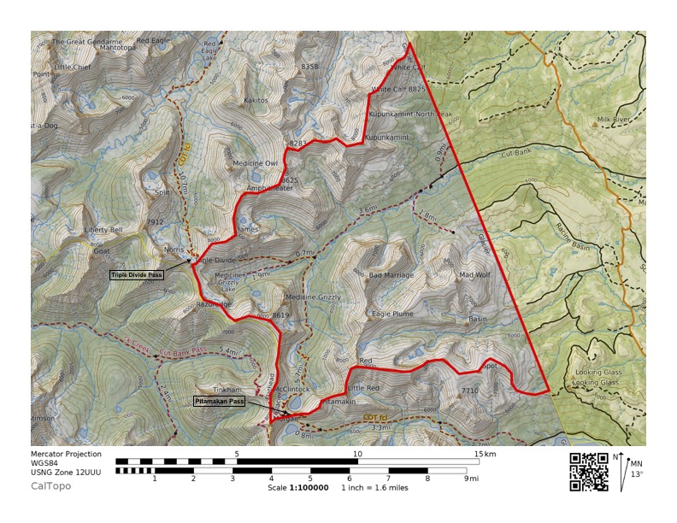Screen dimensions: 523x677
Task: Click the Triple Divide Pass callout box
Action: click(137, 275)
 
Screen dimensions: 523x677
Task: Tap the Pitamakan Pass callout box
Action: click(220, 401)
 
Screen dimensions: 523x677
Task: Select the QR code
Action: click(588, 471)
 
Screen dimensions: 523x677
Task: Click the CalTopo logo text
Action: click(50, 486)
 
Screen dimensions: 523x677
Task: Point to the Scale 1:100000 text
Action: click(297, 488)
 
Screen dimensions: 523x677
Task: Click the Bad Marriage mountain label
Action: click(391, 275)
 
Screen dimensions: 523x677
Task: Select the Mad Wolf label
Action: click(474, 275)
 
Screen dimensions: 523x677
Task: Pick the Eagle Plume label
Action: click(393, 314)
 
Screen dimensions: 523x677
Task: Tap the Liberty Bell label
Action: click(103, 230)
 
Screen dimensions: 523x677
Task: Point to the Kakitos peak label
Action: click(256, 100)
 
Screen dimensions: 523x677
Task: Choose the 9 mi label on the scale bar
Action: click(472, 479)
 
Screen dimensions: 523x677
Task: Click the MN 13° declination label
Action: click(635, 469)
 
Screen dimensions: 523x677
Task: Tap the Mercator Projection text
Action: click(66, 454)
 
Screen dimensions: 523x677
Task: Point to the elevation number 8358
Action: click(309, 67)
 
